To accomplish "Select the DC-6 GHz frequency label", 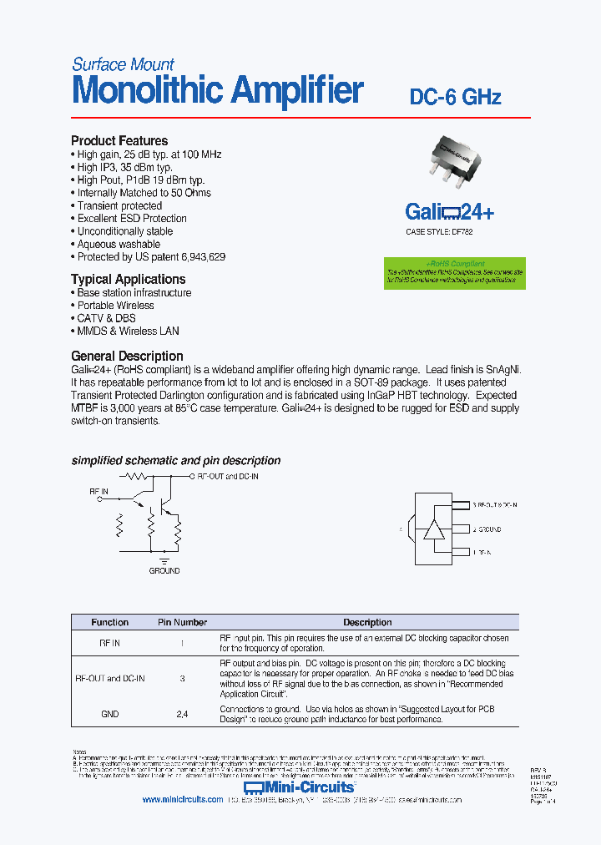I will click(455, 97).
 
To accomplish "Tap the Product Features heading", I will click(119, 141).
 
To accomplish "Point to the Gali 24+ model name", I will click(449, 212).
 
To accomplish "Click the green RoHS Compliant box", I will click(455, 273).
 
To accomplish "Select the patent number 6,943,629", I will click(200, 257).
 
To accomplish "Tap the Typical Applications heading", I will click(128, 280).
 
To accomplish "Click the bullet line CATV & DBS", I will click(106, 318).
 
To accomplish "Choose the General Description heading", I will click(127, 356).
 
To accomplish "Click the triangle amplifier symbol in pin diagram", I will click(434, 529).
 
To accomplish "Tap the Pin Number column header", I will click(182, 622).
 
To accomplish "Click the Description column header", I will click(367, 622).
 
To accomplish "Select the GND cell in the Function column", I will click(109, 714).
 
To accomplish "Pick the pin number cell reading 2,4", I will click(182, 714).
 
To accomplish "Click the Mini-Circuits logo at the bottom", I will click(300, 787).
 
